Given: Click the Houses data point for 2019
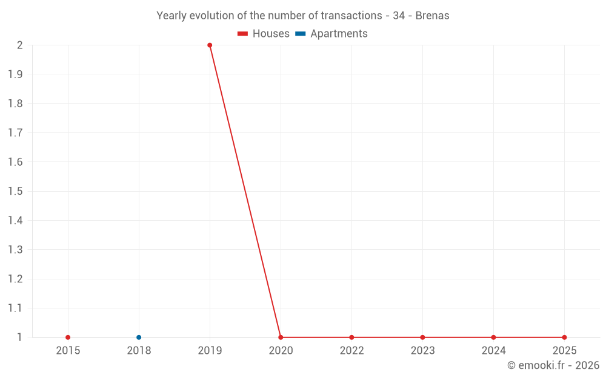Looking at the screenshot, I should click(210, 45).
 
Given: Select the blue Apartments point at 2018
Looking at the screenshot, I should click(139, 337).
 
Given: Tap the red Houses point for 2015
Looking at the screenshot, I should click(68, 337).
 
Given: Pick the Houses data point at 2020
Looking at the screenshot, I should click(281, 337).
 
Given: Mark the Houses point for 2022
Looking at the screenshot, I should click(351, 337).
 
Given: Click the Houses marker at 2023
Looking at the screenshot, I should click(422, 337).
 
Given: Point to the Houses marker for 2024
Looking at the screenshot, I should click(493, 337).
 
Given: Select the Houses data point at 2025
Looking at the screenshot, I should click(564, 337).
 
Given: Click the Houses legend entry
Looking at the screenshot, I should click(264, 34).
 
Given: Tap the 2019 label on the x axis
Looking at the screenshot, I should click(210, 351).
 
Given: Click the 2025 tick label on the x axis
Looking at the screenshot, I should click(564, 351).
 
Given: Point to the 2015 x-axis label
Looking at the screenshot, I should click(68, 351).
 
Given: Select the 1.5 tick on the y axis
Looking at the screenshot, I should click(15, 191).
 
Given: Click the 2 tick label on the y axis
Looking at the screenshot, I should click(19, 45).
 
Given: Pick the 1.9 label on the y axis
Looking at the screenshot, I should click(15, 74).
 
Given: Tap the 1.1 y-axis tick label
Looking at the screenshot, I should click(15, 308).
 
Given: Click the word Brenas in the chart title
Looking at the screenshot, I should click(432, 16).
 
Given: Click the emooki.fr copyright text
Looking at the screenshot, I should click(553, 365).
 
